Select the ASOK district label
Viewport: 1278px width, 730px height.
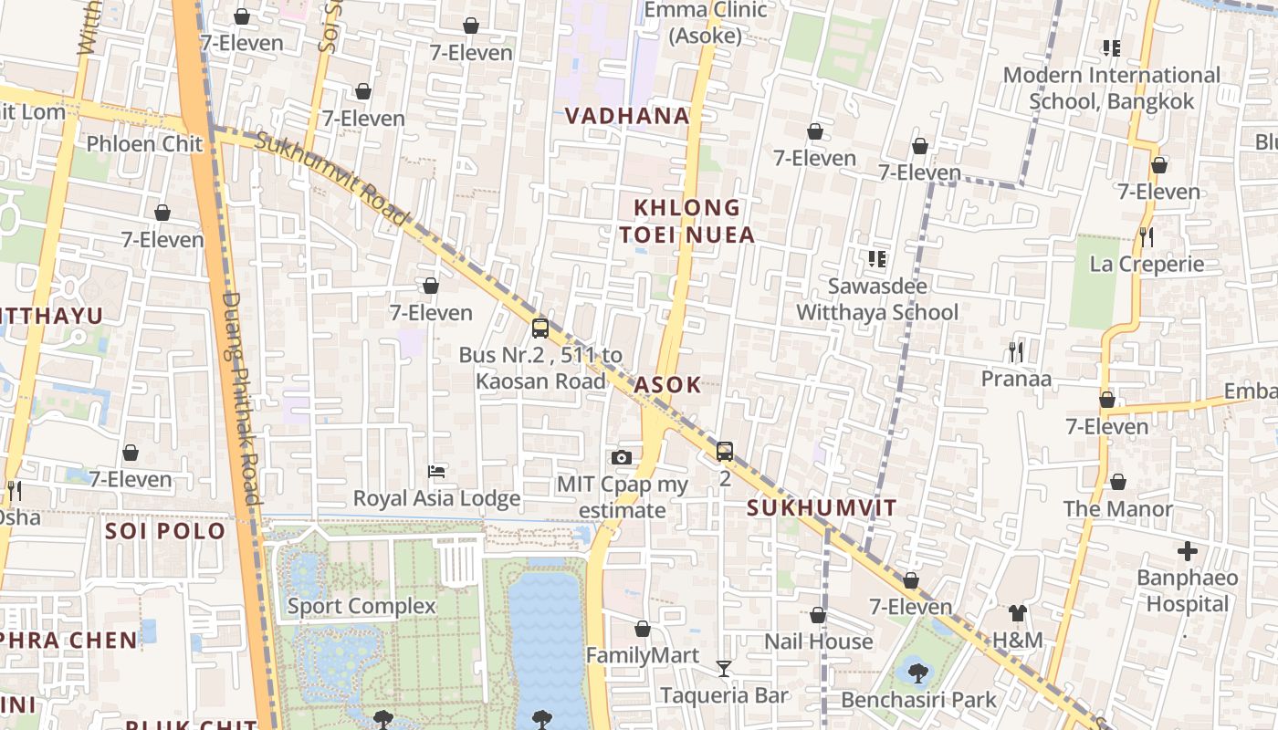pos(667,385)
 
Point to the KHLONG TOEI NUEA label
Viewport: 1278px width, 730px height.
pos(687,222)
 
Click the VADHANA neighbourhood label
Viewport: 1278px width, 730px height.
pos(627,116)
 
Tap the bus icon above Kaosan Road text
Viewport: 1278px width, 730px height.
pos(540,328)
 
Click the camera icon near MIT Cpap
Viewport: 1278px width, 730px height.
pos(622,457)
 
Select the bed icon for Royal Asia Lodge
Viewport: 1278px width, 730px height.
pos(436,472)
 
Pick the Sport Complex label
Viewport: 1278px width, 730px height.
pos(361,606)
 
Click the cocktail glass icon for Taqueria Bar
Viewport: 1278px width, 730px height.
pos(724,669)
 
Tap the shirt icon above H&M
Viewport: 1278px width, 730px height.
pos(1018,613)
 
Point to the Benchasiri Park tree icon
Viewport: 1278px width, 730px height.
pos(918,673)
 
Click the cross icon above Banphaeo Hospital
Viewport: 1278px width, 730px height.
pos(1187,551)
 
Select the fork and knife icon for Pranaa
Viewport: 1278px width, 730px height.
pos(1015,351)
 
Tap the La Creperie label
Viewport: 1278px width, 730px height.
pos(1147,265)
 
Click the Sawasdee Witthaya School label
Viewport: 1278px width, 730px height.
pos(877,299)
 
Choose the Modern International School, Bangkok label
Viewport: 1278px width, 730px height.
pos(1111,88)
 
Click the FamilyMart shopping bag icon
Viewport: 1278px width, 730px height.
pos(643,629)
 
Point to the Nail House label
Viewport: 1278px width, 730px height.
pos(818,641)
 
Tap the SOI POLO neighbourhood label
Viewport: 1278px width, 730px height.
pos(165,531)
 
